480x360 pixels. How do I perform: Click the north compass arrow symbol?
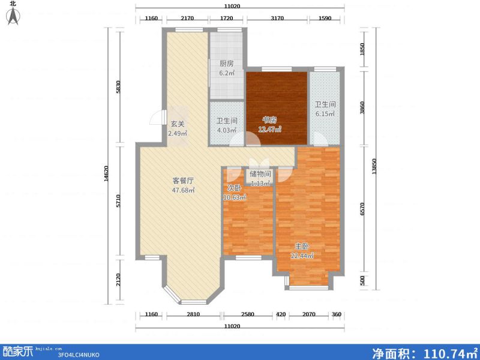pos(13,16)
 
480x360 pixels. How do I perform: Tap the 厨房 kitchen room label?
pos(226,64)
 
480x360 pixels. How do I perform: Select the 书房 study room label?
pos(268,119)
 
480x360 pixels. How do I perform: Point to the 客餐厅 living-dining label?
pos(182,180)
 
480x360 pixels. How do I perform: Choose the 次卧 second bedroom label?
pos(233,187)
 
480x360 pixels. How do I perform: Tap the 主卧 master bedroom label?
pos(302,247)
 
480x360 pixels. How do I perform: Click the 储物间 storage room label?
pos(260,174)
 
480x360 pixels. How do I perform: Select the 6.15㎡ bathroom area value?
pos(326,113)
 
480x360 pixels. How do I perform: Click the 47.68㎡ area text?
pos(183,191)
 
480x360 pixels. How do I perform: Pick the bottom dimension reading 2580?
pos(248,314)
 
